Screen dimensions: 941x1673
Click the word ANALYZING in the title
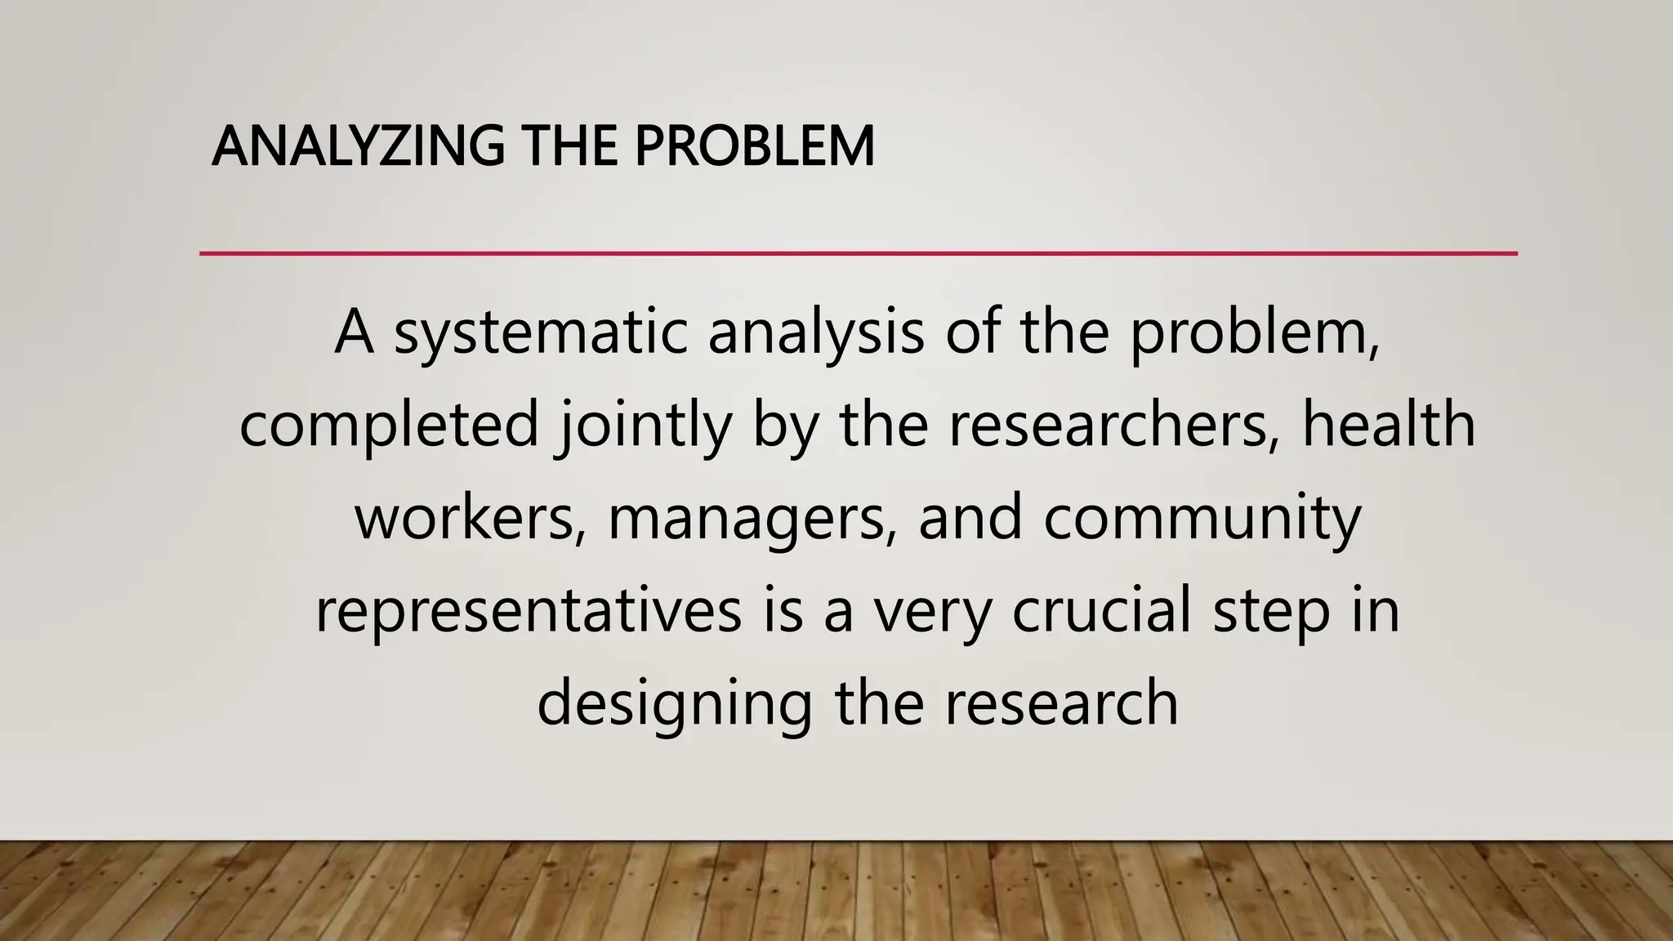pyautogui.click(x=358, y=147)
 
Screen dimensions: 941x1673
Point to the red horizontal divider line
pyautogui.click(x=858, y=254)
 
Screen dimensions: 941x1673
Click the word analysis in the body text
pyautogui.click(x=816, y=332)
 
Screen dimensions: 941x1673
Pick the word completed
pyautogui.click(x=389, y=425)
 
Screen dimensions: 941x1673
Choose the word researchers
pyautogui.click(x=1113, y=425)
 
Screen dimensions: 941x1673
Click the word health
pyautogui.click(x=1389, y=425)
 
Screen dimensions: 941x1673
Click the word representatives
pyautogui.click(x=529, y=611)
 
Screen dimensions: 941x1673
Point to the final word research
pyautogui.click(x=1062, y=704)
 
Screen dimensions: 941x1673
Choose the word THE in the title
pyautogui.click(x=569, y=147)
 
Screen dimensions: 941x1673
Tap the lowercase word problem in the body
pyautogui.click(x=1255, y=334)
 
